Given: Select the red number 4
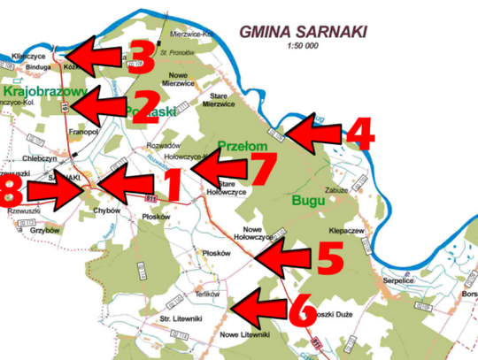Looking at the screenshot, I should [x=358, y=134].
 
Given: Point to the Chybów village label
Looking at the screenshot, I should [x=104, y=211].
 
